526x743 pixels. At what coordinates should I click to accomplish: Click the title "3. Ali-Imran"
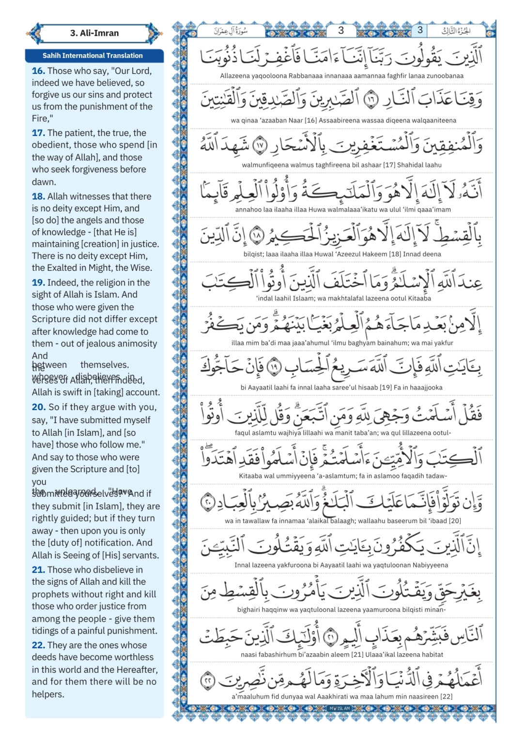point(94,33)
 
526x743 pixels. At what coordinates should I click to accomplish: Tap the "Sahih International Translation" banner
point(93,56)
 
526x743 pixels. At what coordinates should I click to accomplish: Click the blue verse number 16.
point(38,71)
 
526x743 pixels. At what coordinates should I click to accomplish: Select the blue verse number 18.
point(38,196)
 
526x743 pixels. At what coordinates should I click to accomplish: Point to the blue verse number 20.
point(39,407)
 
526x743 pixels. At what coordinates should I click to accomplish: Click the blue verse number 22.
point(38,645)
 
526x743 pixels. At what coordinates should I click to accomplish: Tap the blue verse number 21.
point(38,570)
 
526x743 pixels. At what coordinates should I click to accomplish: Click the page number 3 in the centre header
point(340,30)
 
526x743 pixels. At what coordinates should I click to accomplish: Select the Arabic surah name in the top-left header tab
point(231,31)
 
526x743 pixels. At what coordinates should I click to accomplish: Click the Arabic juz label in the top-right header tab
point(455,31)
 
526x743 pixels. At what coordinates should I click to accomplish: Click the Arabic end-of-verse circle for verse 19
point(274,367)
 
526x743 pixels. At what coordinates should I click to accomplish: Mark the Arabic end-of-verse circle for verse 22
point(208,679)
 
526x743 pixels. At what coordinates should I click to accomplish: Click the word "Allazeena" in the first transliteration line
point(235,76)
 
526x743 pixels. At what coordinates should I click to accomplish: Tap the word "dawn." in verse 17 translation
point(44,182)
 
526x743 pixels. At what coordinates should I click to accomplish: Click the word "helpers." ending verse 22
point(48,694)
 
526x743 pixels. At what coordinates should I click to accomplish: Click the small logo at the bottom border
point(340,709)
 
